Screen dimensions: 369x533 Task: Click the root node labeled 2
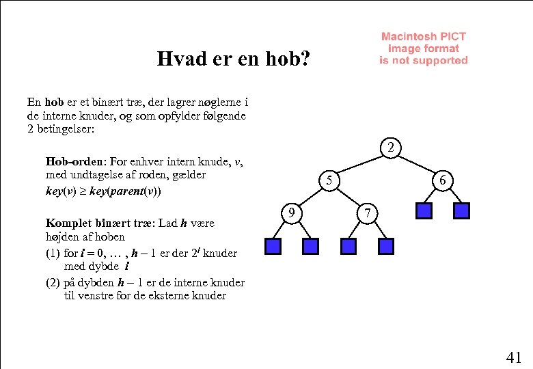click(x=390, y=147)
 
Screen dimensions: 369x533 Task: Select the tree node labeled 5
click(x=329, y=180)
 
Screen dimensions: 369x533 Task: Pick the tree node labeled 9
click(x=292, y=214)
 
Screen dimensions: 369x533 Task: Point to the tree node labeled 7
click(x=368, y=214)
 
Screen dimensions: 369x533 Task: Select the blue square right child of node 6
click(x=463, y=210)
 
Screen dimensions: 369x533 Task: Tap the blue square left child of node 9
click(x=273, y=245)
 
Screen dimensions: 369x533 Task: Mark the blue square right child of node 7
click(x=387, y=245)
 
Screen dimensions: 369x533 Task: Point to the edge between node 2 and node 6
click(x=417, y=164)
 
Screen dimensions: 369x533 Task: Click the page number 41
click(x=514, y=357)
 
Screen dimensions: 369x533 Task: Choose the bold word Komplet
click(x=68, y=223)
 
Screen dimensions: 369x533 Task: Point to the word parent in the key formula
click(x=120, y=191)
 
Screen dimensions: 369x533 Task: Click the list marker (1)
click(x=53, y=253)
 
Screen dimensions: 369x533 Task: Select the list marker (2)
click(x=53, y=282)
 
